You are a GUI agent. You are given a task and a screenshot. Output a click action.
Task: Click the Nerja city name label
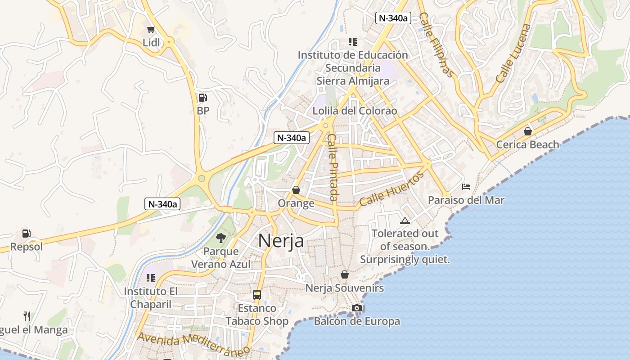coord(281,241)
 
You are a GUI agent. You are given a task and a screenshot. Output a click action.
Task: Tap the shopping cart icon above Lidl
coord(151,30)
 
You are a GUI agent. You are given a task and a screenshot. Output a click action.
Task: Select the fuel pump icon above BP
coord(203,97)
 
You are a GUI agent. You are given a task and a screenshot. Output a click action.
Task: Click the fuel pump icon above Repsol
coord(27,234)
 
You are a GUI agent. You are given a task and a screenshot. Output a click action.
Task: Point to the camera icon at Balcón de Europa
coord(357,308)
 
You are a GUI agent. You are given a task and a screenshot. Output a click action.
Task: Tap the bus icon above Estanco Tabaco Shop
coord(257,295)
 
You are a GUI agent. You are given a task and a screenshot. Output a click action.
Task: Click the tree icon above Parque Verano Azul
coord(220,238)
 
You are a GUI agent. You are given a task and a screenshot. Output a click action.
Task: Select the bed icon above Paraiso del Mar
coord(466,186)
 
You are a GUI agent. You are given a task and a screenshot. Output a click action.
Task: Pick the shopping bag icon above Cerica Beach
coord(527,131)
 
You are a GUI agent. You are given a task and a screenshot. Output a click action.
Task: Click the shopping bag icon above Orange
coord(296,190)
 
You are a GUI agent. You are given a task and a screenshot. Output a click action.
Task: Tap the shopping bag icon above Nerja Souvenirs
coord(345,274)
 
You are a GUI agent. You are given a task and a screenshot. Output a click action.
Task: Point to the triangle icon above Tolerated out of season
coord(405,220)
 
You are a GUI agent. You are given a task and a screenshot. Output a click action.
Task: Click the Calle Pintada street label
coord(333,167)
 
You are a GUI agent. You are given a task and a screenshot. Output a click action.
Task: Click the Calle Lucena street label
coord(513,53)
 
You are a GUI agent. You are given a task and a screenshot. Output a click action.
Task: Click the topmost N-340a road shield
coord(393,18)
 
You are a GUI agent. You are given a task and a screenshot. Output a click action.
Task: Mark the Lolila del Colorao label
coord(355,111)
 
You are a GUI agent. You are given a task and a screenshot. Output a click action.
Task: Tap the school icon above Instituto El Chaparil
coord(151,278)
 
